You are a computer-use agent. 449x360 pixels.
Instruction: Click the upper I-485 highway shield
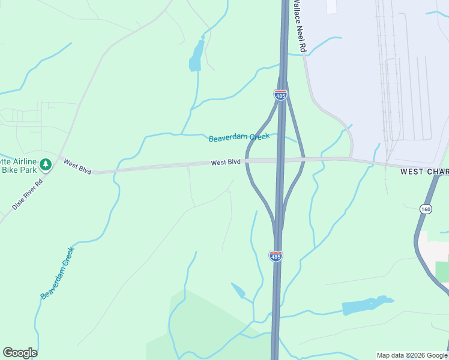(x=280, y=94)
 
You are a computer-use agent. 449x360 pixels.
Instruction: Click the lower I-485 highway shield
(x=276, y=256)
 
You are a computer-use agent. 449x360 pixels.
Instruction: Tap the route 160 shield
(x=426, y=209)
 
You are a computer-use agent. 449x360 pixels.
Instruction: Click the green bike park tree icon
(x=46, y=164)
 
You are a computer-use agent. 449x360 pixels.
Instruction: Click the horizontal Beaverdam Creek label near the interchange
(x=239, y=138)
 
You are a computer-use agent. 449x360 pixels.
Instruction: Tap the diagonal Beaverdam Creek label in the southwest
(x=57, y=273)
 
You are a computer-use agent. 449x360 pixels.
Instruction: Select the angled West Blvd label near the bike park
(x=77, y=167)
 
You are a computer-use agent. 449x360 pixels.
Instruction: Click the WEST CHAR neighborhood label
(x=424, y=172)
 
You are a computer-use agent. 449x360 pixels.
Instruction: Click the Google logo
(x=20, y=353)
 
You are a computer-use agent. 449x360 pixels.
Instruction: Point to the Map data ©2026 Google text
(x=412, y=355)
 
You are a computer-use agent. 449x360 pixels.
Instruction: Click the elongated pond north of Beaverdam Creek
(x=196, y=57)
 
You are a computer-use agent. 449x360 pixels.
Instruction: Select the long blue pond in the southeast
(x=366, y=305)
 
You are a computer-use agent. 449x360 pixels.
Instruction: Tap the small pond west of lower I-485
(x=238, y=291)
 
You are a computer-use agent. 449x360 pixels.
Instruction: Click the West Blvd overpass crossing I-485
(x=279, y=160)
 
